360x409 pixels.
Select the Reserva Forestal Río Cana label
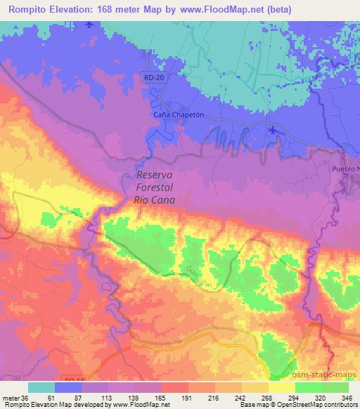(154, 188)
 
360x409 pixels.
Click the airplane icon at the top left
(88, 25)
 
